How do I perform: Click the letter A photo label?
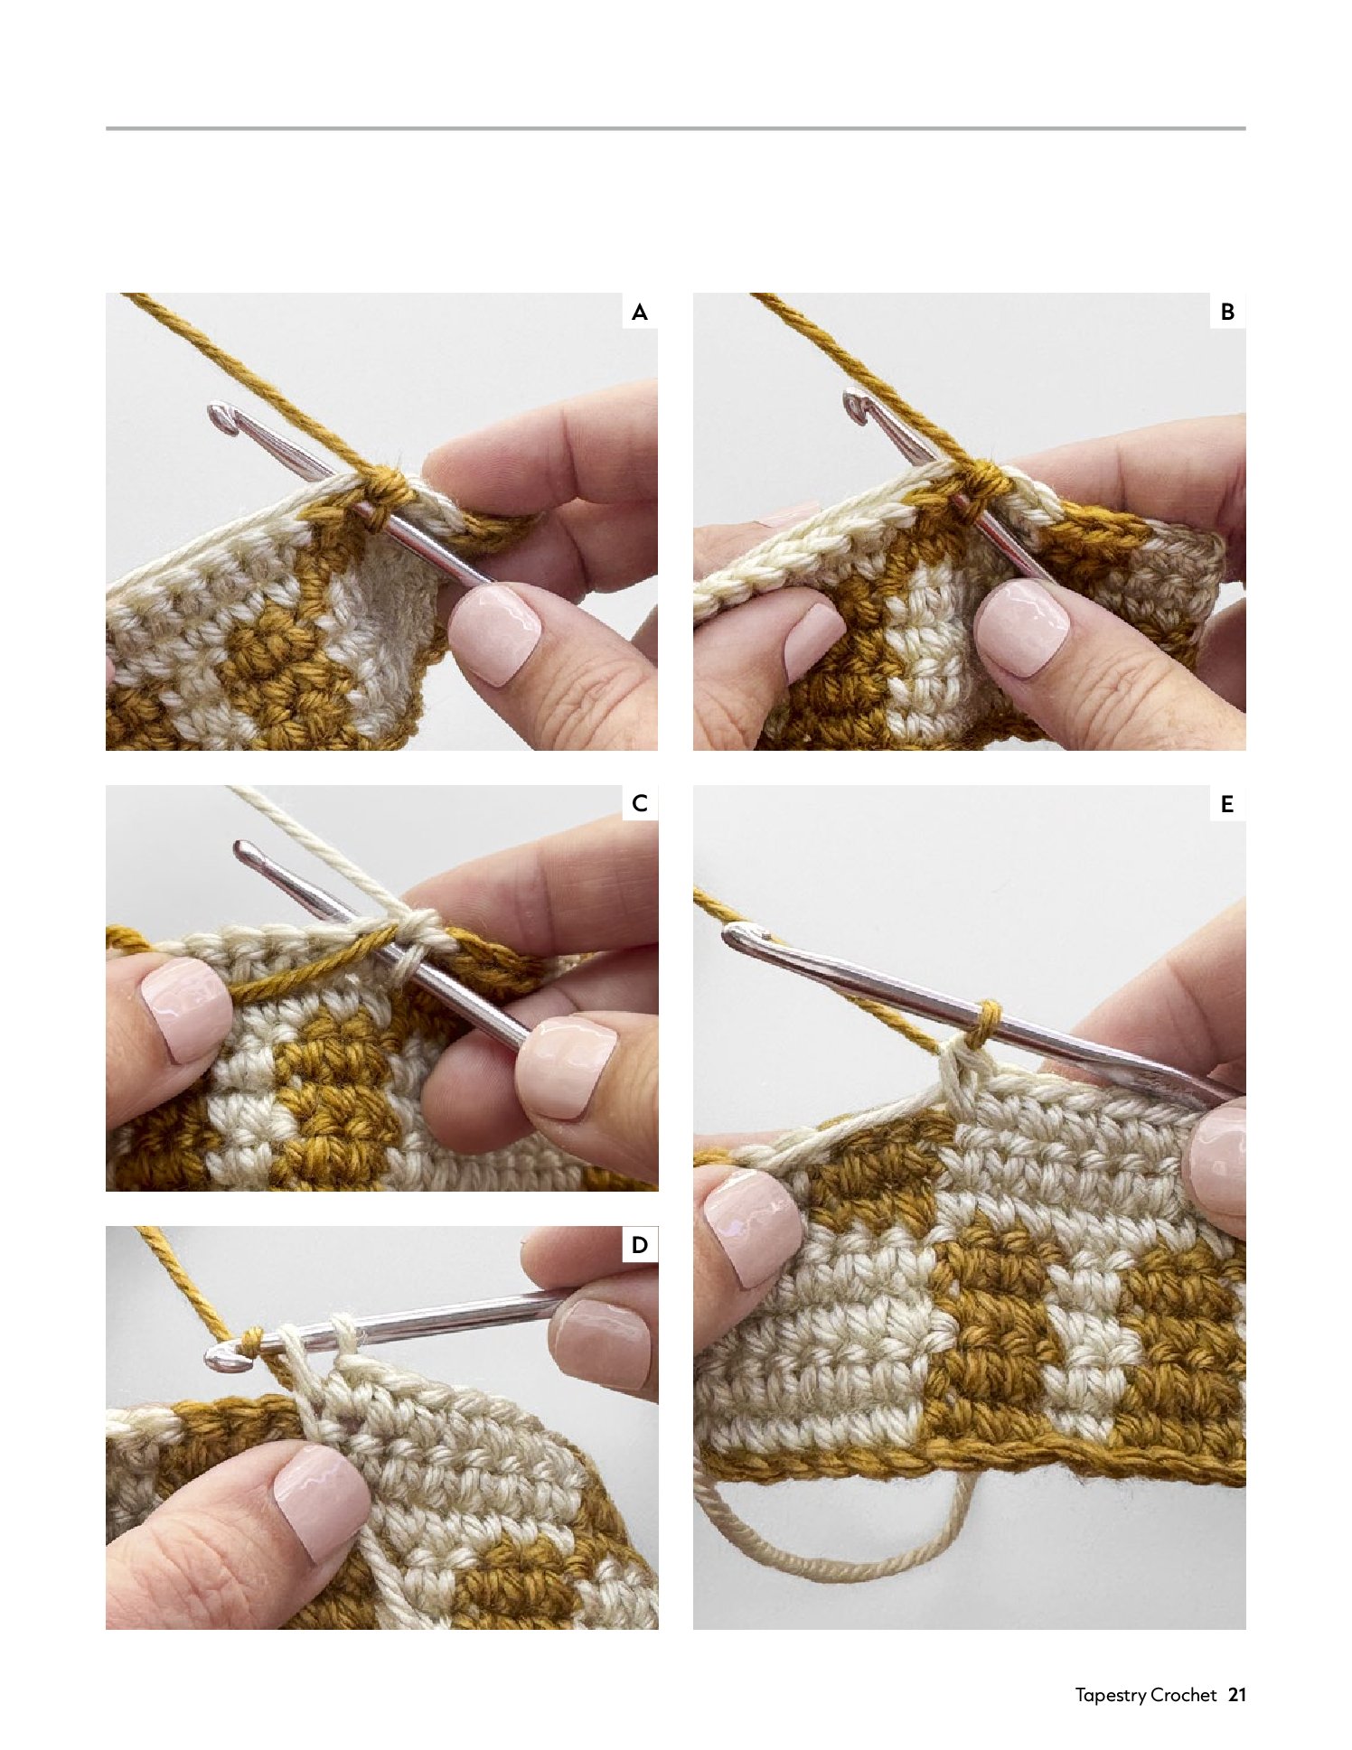(x=640, y=313)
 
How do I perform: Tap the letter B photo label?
(x=1227, y=312)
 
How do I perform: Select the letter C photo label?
(x=640, y=803)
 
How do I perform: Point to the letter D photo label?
(x=640, y=1245)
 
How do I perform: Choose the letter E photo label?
(x=1227, y=803)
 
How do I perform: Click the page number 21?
(x=1237, y=1695)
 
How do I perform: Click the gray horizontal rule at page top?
(x=675, y=128)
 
